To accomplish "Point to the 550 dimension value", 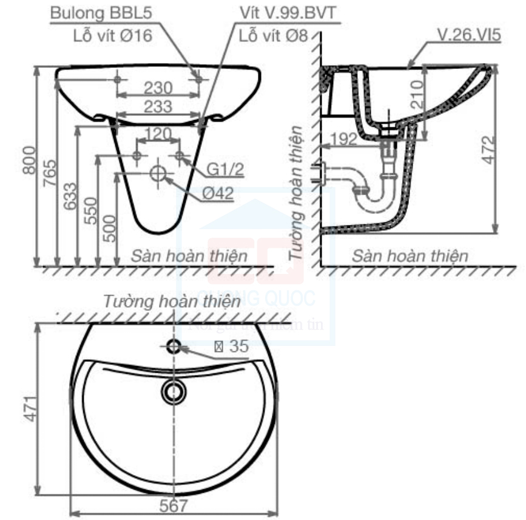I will (90, 211).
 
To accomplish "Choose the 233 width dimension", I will (158, 106).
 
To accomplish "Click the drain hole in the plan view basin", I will (175, 392).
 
